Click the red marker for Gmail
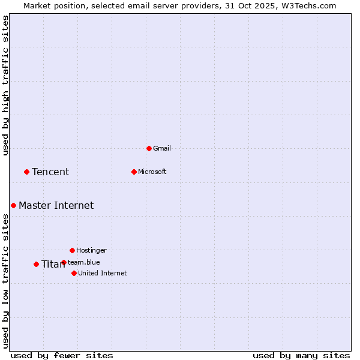click(x=149, y=148)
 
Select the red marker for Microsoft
click(x=134, y=172)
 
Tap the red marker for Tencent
click(x=26, y=172)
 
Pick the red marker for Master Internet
click(x=13, y=205)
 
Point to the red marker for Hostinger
click(x=72, y=250)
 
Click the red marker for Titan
click(x=36, y=264)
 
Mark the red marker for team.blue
click(x=64, y=262)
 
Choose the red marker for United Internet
click(x=74, y=273)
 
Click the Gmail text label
click(x=162, y=148)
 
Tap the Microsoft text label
click(x=152, y=172)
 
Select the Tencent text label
click(x=50, y=172)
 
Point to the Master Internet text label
click(x=56, y=205)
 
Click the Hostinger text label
click(x=91, y=250)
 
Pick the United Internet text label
click(x=103, y=273)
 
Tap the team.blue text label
click(x=84, y=262)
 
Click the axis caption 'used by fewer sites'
click(x=62, y=355)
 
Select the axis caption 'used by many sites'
click(x=301, y=355)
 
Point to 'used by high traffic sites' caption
click(x=6, y=85)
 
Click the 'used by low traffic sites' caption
click(x=6, y=281)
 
